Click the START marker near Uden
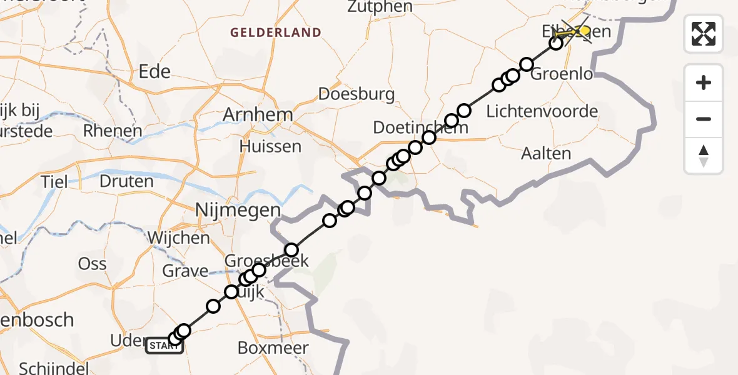pos(164,346)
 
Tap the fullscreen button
pos(704,33)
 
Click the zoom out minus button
pos(704,119)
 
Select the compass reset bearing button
pos(704,156)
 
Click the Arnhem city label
pos(258,115)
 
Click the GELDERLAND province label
pos(275,32)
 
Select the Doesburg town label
pos(356,94)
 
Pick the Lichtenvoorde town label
pos(542,112)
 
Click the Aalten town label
pos(545,154)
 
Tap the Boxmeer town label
pos(273,347)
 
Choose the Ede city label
pos(154,72)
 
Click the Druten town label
pos(126,182)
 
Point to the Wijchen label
pos(179,238)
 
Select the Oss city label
pos(92,264)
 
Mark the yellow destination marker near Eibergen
pos(584,30)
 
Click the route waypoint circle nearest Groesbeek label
pos(291,250)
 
